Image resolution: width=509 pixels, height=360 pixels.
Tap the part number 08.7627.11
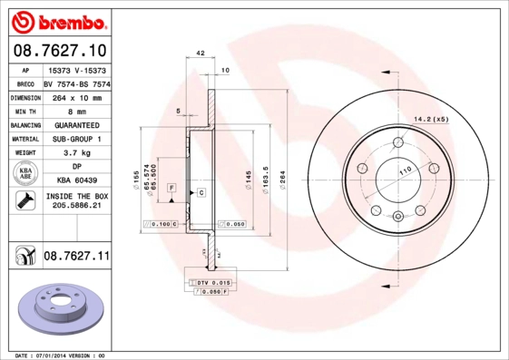75,258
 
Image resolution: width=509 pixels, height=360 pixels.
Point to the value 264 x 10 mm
75,95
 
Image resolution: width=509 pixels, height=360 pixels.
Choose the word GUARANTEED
75,124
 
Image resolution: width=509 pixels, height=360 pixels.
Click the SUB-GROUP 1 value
75,139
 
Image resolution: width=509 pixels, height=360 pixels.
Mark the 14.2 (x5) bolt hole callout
432,119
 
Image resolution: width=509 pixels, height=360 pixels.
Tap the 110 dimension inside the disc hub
405,171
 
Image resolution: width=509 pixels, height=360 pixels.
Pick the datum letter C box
201,192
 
